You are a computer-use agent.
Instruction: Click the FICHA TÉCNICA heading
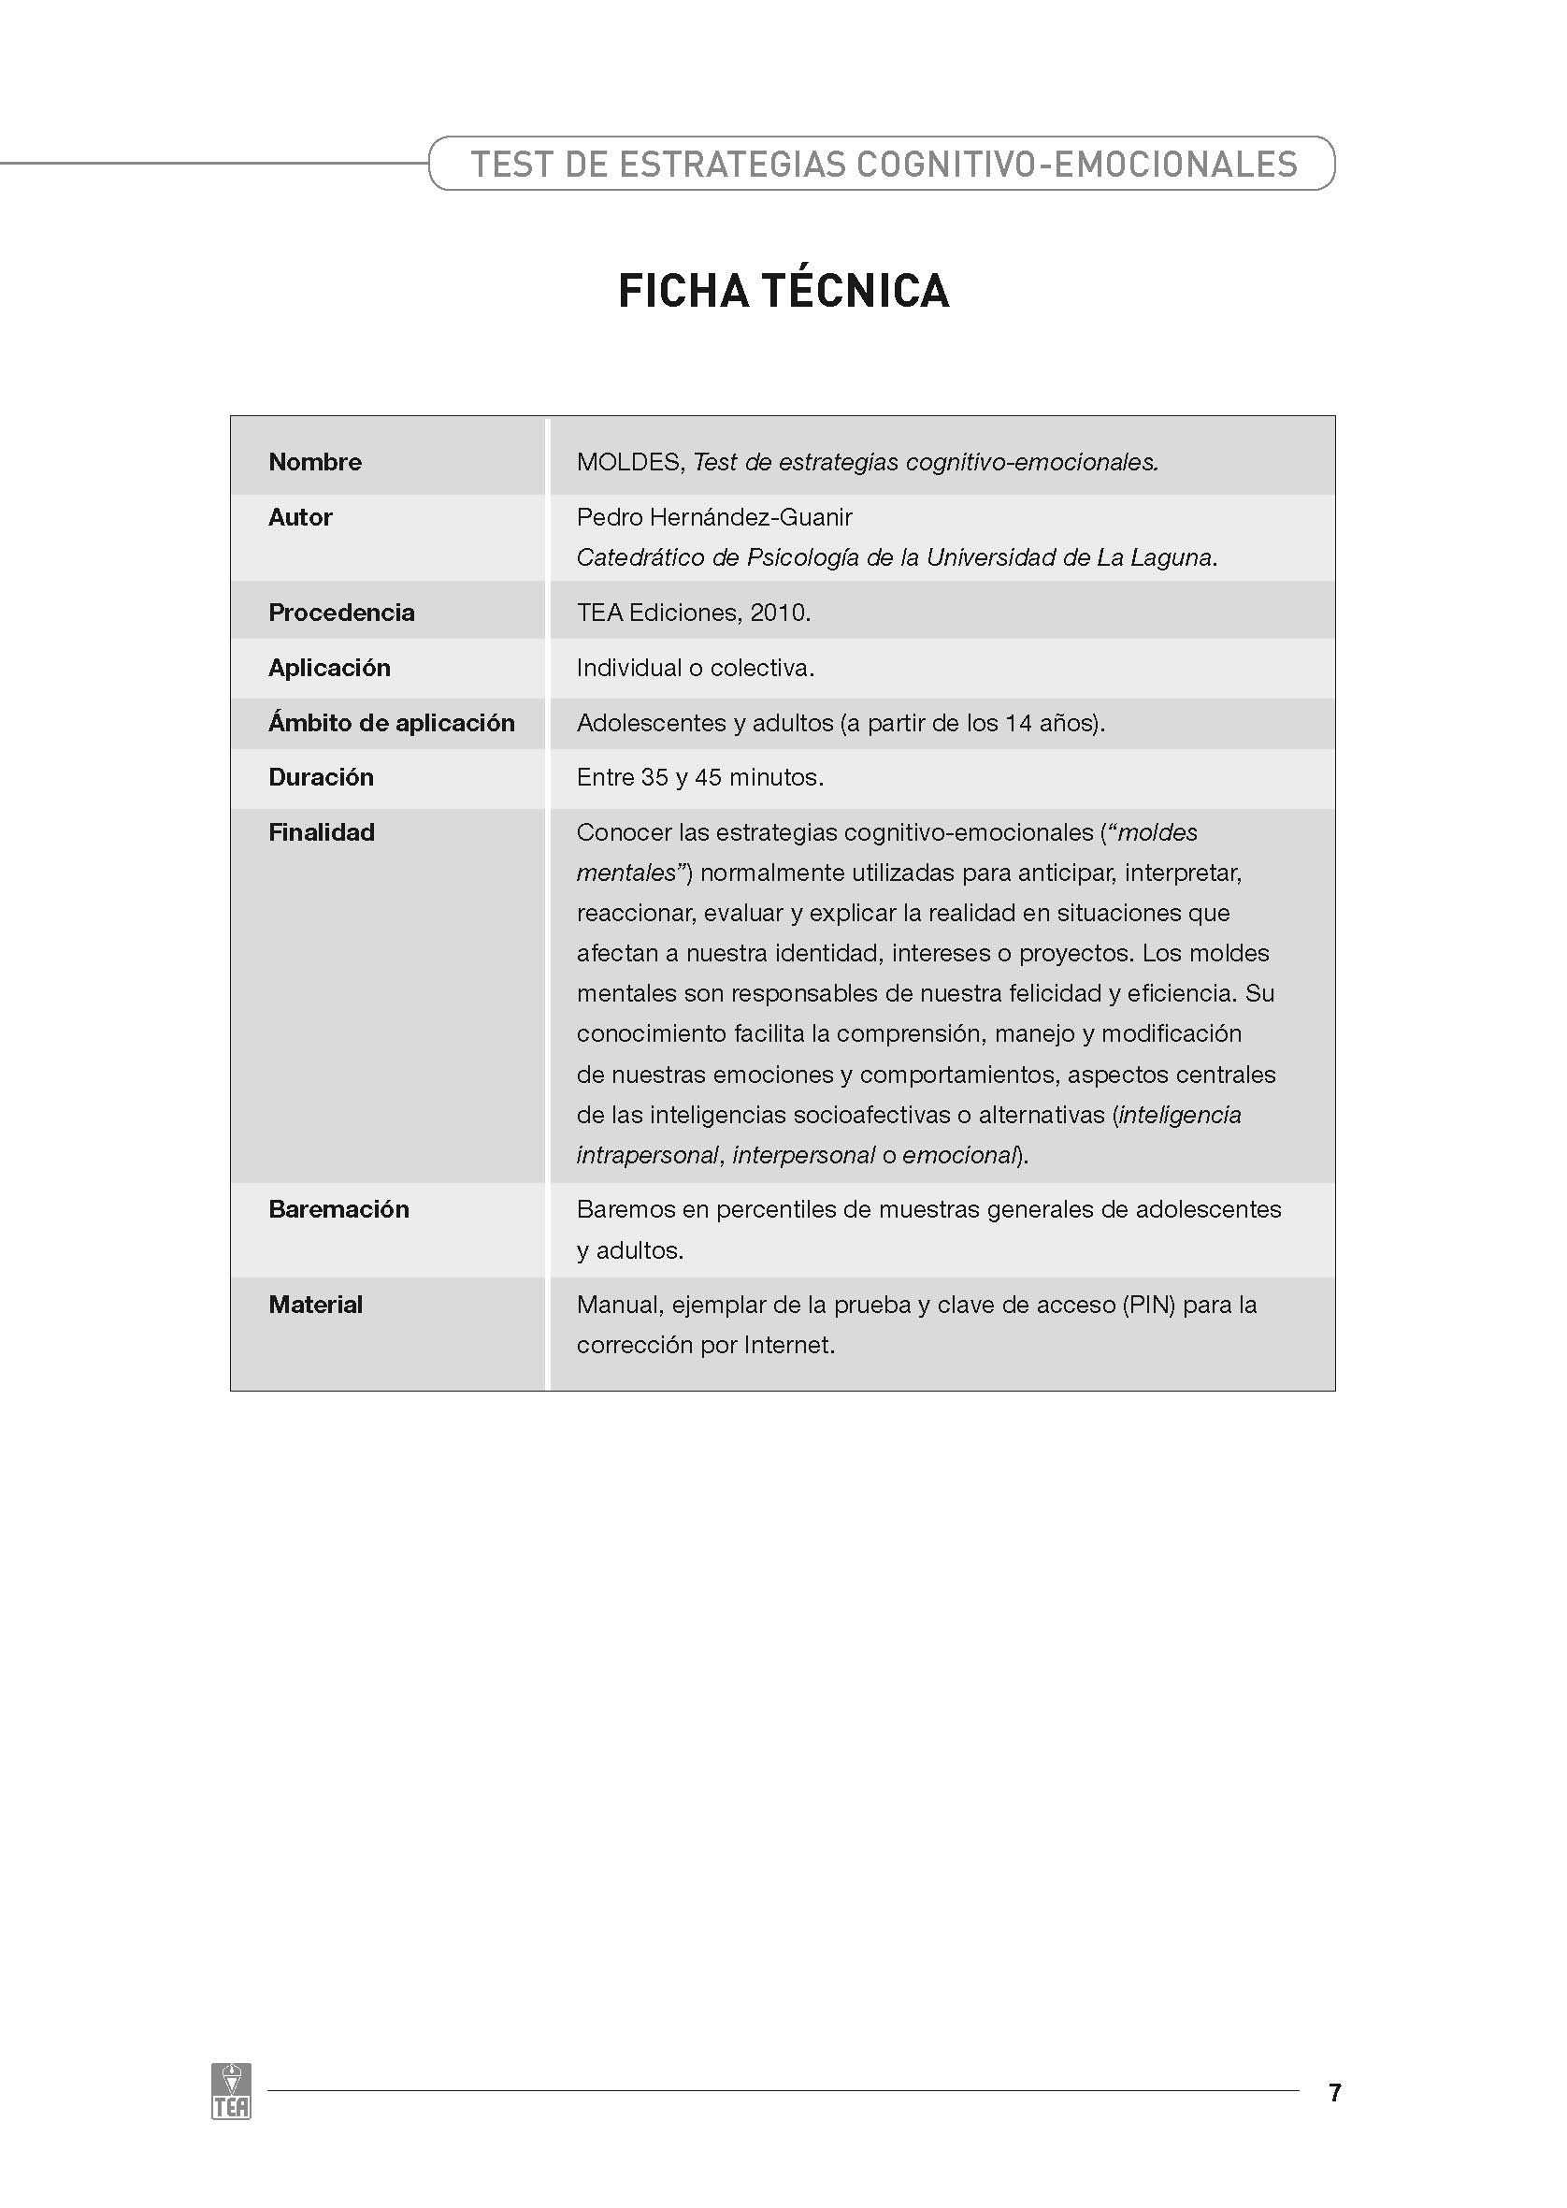pos(783,291)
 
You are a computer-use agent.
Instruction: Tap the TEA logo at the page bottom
pos(231,2091)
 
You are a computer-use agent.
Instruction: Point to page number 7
pos(1334,2092)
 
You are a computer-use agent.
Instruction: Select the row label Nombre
pos(314,462)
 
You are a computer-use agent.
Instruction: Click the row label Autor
pos(300,517)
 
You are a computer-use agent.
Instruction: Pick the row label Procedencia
pos(341,613)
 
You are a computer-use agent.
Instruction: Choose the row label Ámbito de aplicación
pos(391,723)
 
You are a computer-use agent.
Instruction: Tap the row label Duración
pos(321,778)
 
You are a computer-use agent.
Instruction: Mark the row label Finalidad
pos(322,833)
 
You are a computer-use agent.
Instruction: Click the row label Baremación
pos(338,1209)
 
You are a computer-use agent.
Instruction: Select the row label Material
pos(315,1305)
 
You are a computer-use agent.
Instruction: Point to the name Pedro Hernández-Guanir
pos(714,517)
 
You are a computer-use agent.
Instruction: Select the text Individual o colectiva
pos(695,668)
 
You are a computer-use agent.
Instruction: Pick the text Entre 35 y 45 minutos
pos(699,778)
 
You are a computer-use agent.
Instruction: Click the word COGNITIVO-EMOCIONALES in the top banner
pos(1077,164)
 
